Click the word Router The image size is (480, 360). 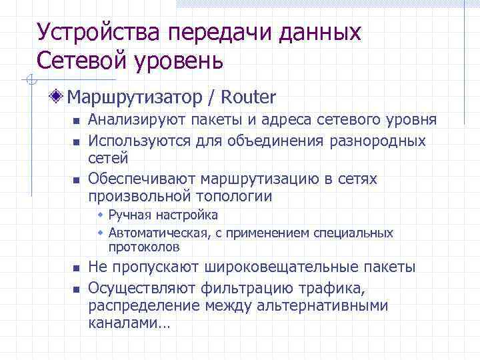(248, 97)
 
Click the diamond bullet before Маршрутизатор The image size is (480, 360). (60, 97)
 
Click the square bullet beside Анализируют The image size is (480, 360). (76, 122)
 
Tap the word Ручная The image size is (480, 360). (129, 215)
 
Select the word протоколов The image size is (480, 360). (144, 247)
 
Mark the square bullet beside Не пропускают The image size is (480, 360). (76, 269)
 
